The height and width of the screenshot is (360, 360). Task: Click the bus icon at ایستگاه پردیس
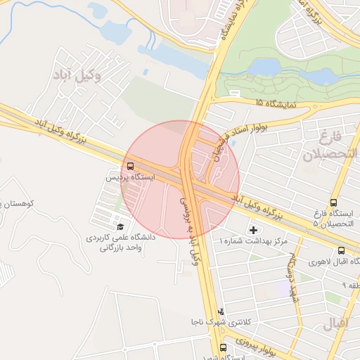(x=131, y=166)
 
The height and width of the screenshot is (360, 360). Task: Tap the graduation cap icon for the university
(x=120, y=226)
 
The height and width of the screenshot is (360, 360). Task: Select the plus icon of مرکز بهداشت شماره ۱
(x=253, y=230)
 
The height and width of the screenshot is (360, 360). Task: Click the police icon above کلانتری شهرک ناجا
(x=221, y=311)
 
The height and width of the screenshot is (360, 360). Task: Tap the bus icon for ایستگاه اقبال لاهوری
(x=341, y=250)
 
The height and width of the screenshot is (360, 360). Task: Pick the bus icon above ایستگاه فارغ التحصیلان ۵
(x=333, y=202)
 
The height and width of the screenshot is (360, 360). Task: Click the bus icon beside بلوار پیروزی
(x=223, y=347)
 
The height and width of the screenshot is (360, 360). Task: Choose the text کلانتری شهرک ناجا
(x=219, y=322)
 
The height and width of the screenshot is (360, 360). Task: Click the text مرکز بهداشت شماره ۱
(x=254, y=241)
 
